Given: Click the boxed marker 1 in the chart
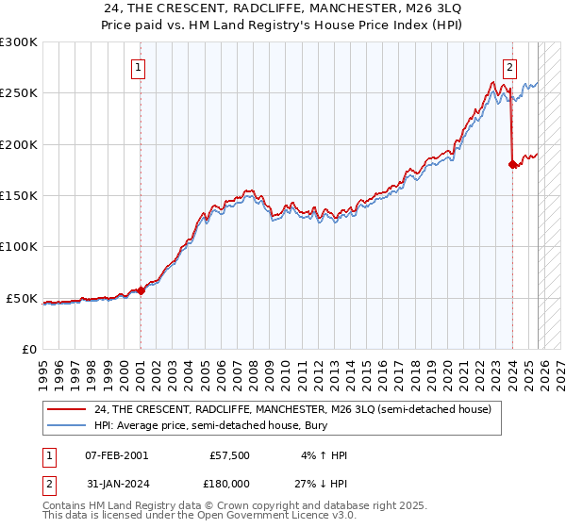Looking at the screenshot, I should coord(139,67).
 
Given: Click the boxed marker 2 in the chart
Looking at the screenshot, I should coord(509,67).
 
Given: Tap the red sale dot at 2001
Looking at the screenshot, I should coord(141,290).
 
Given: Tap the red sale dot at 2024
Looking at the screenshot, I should coord(512,164).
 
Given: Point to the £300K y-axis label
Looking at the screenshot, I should coord(18,42).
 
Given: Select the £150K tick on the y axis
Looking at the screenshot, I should coord(18,196).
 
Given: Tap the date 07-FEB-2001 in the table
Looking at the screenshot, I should coord(115,455).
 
